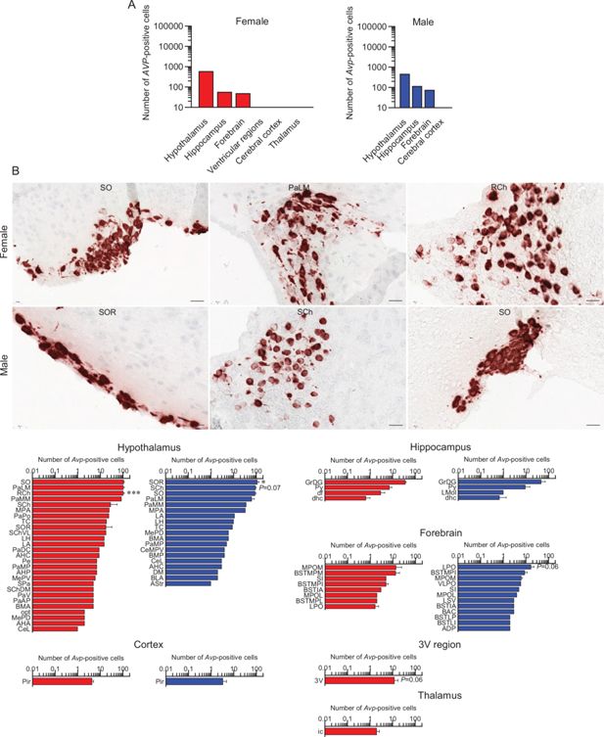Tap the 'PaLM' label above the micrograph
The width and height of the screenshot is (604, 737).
302,187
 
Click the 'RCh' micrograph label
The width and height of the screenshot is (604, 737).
499,187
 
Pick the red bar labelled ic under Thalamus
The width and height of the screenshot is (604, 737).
350,730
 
